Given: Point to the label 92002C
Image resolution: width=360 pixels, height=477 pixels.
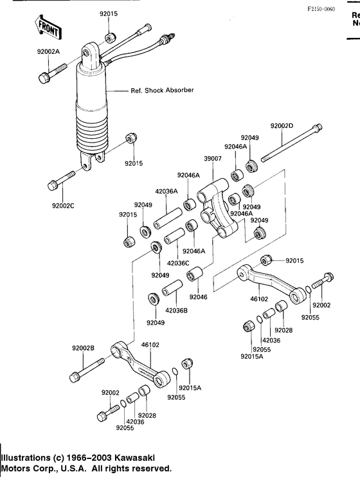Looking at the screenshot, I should [x=64, y=206].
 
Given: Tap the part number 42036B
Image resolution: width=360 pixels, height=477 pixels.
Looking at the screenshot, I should [x=177, y=310].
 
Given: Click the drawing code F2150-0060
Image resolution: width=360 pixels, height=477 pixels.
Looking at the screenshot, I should [x=321, y=10].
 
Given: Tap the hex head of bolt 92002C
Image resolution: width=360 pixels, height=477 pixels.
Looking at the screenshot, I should [x=53, y=186].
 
